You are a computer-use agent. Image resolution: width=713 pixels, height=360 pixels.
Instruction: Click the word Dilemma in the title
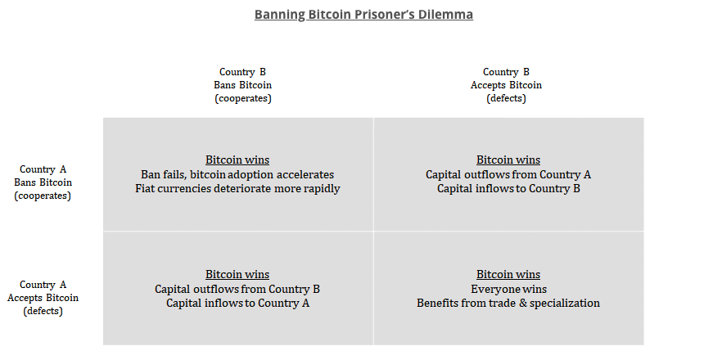pos(447,15)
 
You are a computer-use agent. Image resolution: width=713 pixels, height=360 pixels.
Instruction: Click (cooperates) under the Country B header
pos(243,98)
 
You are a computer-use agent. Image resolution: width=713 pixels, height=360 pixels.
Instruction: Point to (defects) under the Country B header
pos(506,98)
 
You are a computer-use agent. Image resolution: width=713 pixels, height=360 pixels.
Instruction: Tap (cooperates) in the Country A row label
pos(43,196)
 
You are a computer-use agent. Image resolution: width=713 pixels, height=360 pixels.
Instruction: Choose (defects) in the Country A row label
pos(43,311)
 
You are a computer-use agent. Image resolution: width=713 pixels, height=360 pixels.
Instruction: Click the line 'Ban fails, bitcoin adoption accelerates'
pos(237,174)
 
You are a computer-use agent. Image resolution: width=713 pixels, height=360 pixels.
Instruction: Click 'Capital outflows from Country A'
pos(508,174)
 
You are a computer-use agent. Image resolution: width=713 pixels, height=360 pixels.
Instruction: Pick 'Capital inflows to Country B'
pos(508,188)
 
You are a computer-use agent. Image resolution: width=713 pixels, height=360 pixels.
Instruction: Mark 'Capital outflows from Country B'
pos(237,289)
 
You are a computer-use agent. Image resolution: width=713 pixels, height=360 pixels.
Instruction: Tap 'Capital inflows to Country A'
pos(237,303)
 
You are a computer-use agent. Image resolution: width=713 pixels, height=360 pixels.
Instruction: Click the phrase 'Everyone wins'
pos(508,289)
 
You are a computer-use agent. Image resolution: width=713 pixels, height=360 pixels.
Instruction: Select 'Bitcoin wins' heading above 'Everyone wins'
pos(508,274)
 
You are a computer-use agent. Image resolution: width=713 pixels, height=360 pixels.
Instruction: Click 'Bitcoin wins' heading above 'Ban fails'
pos(237,160)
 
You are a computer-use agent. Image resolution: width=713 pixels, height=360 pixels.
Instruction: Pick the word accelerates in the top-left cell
pos(306,174)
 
